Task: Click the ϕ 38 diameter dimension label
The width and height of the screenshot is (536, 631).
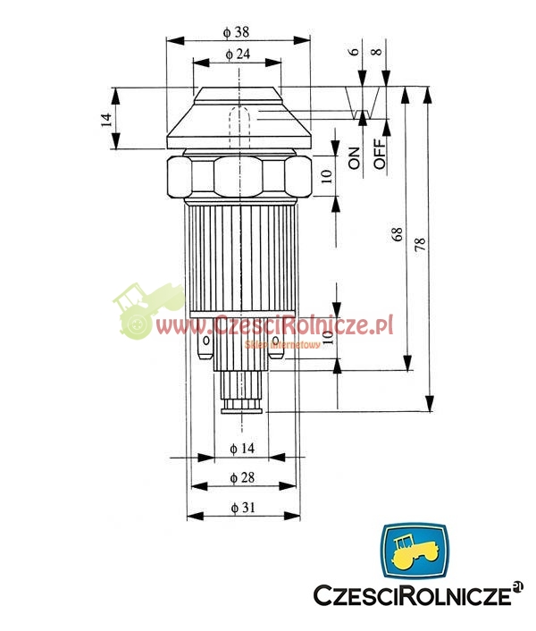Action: coord(236,32)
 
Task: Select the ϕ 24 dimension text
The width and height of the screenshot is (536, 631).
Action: coord(238,54)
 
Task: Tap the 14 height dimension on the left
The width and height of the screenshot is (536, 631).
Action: coord(105,120)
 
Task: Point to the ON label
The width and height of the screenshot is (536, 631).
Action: coord(355,158)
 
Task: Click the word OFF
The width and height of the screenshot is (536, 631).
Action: coord(380,154)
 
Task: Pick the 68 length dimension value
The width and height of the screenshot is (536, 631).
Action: coord(397,234)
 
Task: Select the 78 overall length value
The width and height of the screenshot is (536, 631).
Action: coord(419,244)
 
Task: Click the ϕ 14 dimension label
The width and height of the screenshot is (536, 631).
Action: coord(242,449)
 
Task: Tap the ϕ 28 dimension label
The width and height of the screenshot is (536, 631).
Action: coord(242,477)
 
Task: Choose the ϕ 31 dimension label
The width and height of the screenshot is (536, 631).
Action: coord(243,508)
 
